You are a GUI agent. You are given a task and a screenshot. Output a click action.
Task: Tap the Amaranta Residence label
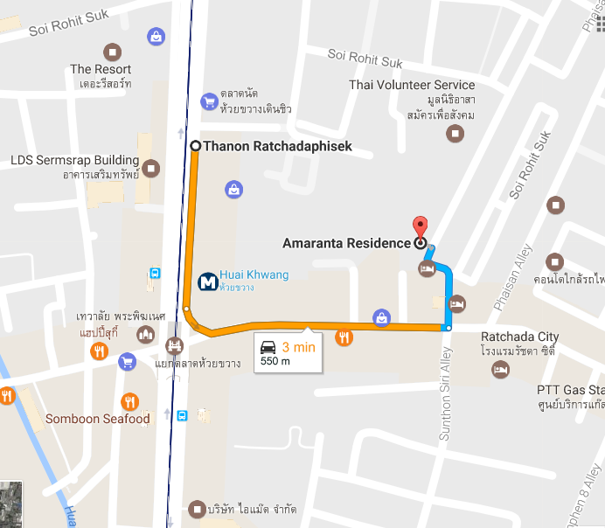(x=346, y=243)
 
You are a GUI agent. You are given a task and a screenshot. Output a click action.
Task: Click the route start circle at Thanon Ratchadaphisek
(x=195, y=147)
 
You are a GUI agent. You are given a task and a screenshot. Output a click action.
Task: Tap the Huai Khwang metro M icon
(x=208, y=281)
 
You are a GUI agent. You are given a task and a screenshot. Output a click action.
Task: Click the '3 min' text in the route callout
(x=298, y=347)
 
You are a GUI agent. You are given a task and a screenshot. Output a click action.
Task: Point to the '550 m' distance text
(x=275, y=361)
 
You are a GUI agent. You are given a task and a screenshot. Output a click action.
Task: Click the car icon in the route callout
(x=268, y=347)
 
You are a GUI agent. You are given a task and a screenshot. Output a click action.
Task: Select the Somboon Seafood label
(x=97, y=419)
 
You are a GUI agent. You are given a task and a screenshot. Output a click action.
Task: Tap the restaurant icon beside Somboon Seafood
(x=130, y=401)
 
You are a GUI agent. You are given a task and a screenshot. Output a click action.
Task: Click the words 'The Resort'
(x=101, y=69)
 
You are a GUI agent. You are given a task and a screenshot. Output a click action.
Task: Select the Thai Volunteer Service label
(x=412, y=85)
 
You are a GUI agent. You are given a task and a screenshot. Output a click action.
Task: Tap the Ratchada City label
(x=519, y=337)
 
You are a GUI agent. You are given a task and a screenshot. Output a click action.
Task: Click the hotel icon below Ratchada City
(x=500, y=371)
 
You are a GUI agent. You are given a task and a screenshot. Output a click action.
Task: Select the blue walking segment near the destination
(x=449, y=288)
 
